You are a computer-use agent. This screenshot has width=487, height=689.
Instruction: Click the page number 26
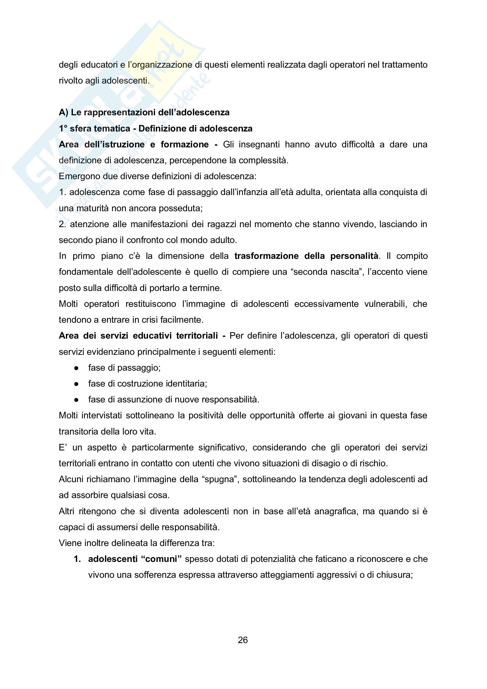tap(243, 640)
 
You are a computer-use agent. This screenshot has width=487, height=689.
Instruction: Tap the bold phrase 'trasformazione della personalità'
tap(306, 256)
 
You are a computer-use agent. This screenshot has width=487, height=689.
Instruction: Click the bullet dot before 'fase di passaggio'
tap(76, 368)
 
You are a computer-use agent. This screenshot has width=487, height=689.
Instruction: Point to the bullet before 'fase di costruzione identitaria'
tap(76, 384)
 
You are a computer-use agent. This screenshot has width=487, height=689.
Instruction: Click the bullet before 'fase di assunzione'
tap(76, 400)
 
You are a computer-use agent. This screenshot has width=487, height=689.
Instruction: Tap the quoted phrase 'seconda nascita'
tap(326, 272)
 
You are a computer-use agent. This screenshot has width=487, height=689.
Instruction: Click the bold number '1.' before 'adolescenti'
tap(77, 559)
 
